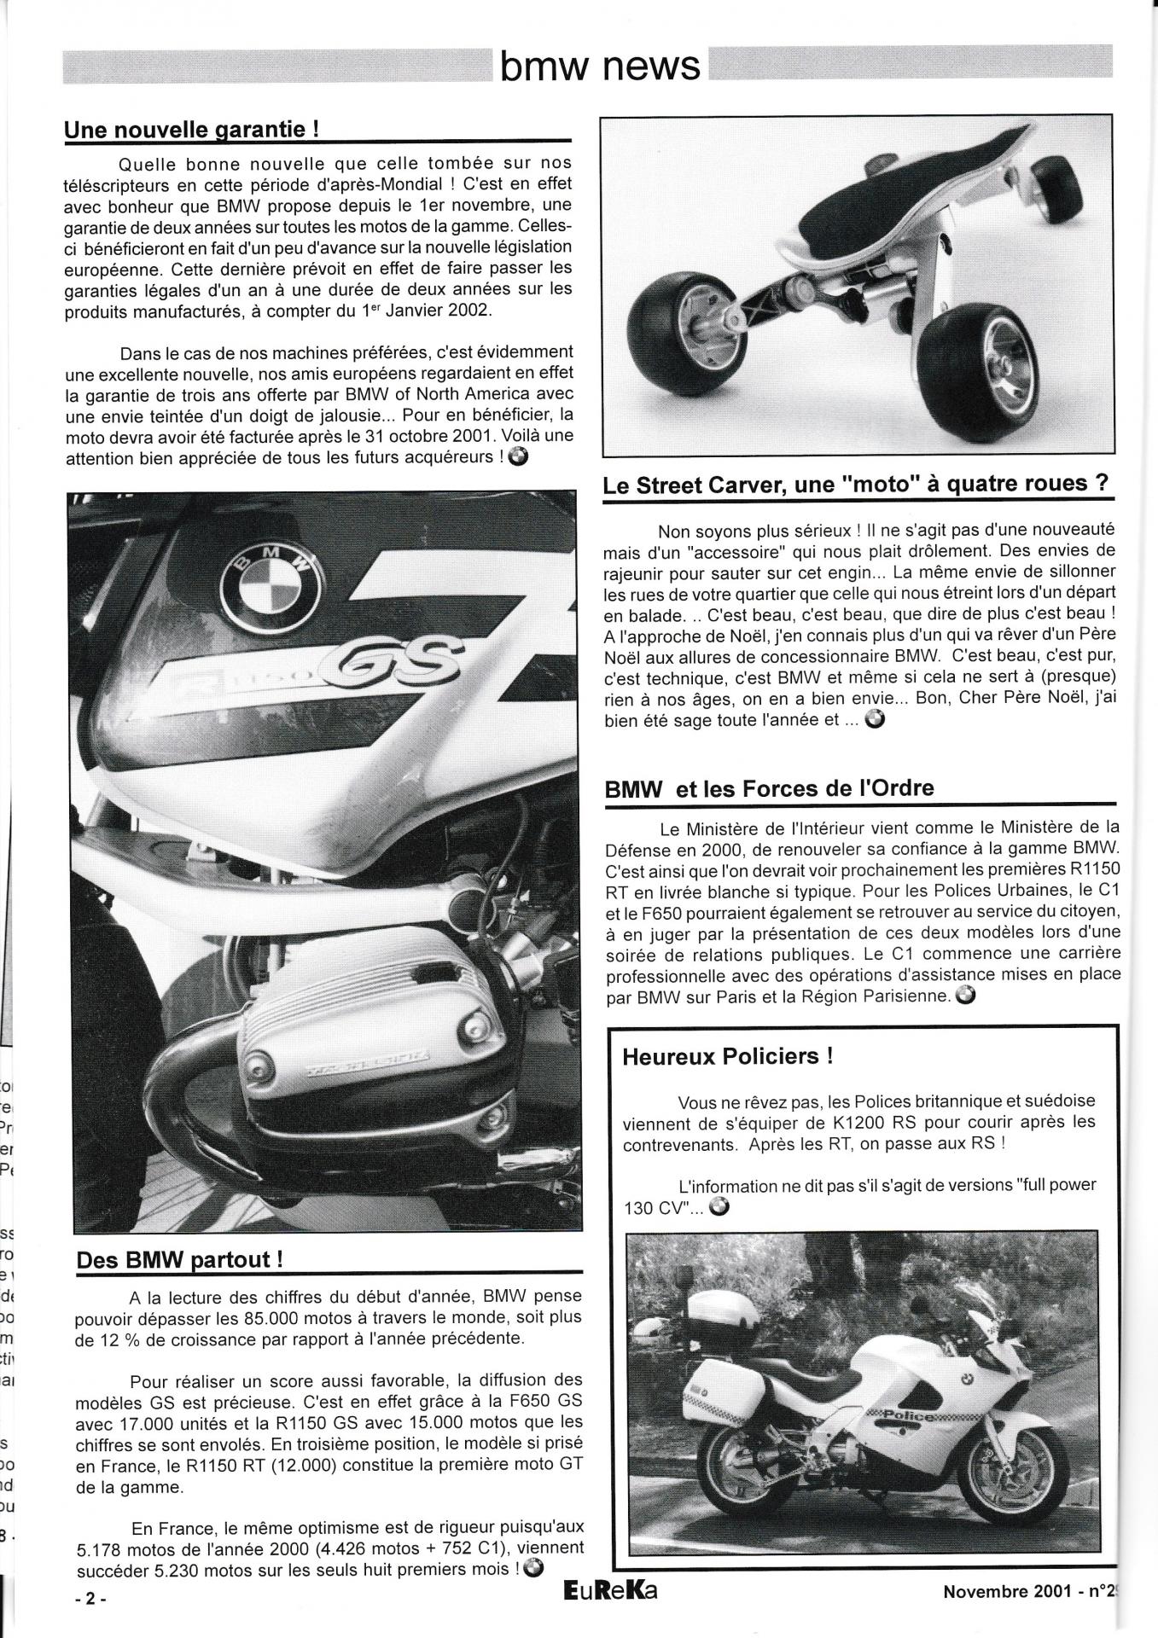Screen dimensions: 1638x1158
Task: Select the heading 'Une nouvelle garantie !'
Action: point(192,130)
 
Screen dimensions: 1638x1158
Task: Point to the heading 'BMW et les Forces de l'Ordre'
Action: point(769,788)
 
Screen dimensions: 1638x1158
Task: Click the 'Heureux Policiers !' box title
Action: point(727,1056)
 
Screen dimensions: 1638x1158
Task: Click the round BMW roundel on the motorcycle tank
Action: point(271,584)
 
